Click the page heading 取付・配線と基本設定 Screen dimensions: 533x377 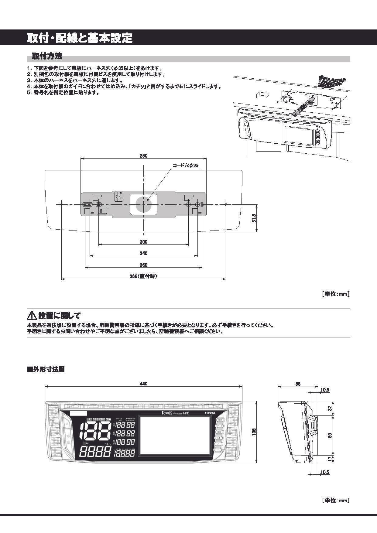tap(80, 38)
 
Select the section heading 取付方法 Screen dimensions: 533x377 tap(47, 56)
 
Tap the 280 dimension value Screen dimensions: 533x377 tap(143, 156)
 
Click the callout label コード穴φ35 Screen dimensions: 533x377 tap(185, 166)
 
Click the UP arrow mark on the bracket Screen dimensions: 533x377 tap(118, 196)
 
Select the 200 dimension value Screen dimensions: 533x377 tap(143, 242)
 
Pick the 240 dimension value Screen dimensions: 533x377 tap(143, 253)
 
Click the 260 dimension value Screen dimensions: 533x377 tap(143, 265)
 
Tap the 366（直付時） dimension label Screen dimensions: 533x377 tap(143, 276)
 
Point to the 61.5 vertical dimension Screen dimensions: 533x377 tap(254, 218)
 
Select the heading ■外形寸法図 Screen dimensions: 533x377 tap(46, 370)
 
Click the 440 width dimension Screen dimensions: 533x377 tap(143, 384)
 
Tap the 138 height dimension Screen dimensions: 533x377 tap(254, 431)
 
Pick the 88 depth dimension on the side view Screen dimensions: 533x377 tap(298, 384)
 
